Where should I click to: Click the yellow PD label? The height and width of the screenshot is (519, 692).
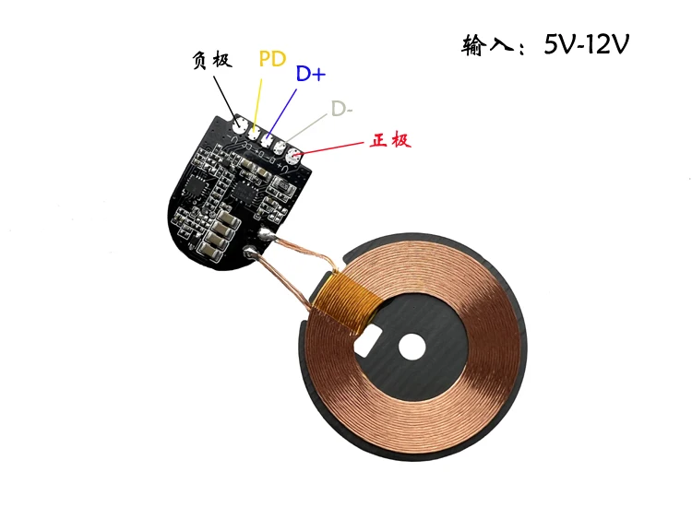tap(272, 60)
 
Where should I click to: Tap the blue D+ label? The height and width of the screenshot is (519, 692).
tap(311, 75)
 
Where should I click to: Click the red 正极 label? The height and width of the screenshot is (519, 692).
tap(388, 141)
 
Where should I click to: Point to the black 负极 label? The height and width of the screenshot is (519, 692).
tap(212, 60)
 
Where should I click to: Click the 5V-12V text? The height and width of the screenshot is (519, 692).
tap(586, 44)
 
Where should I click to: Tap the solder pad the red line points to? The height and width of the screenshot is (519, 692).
tap(293, 156)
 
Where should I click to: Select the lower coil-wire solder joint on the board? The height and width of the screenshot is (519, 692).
tap(247, 251)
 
